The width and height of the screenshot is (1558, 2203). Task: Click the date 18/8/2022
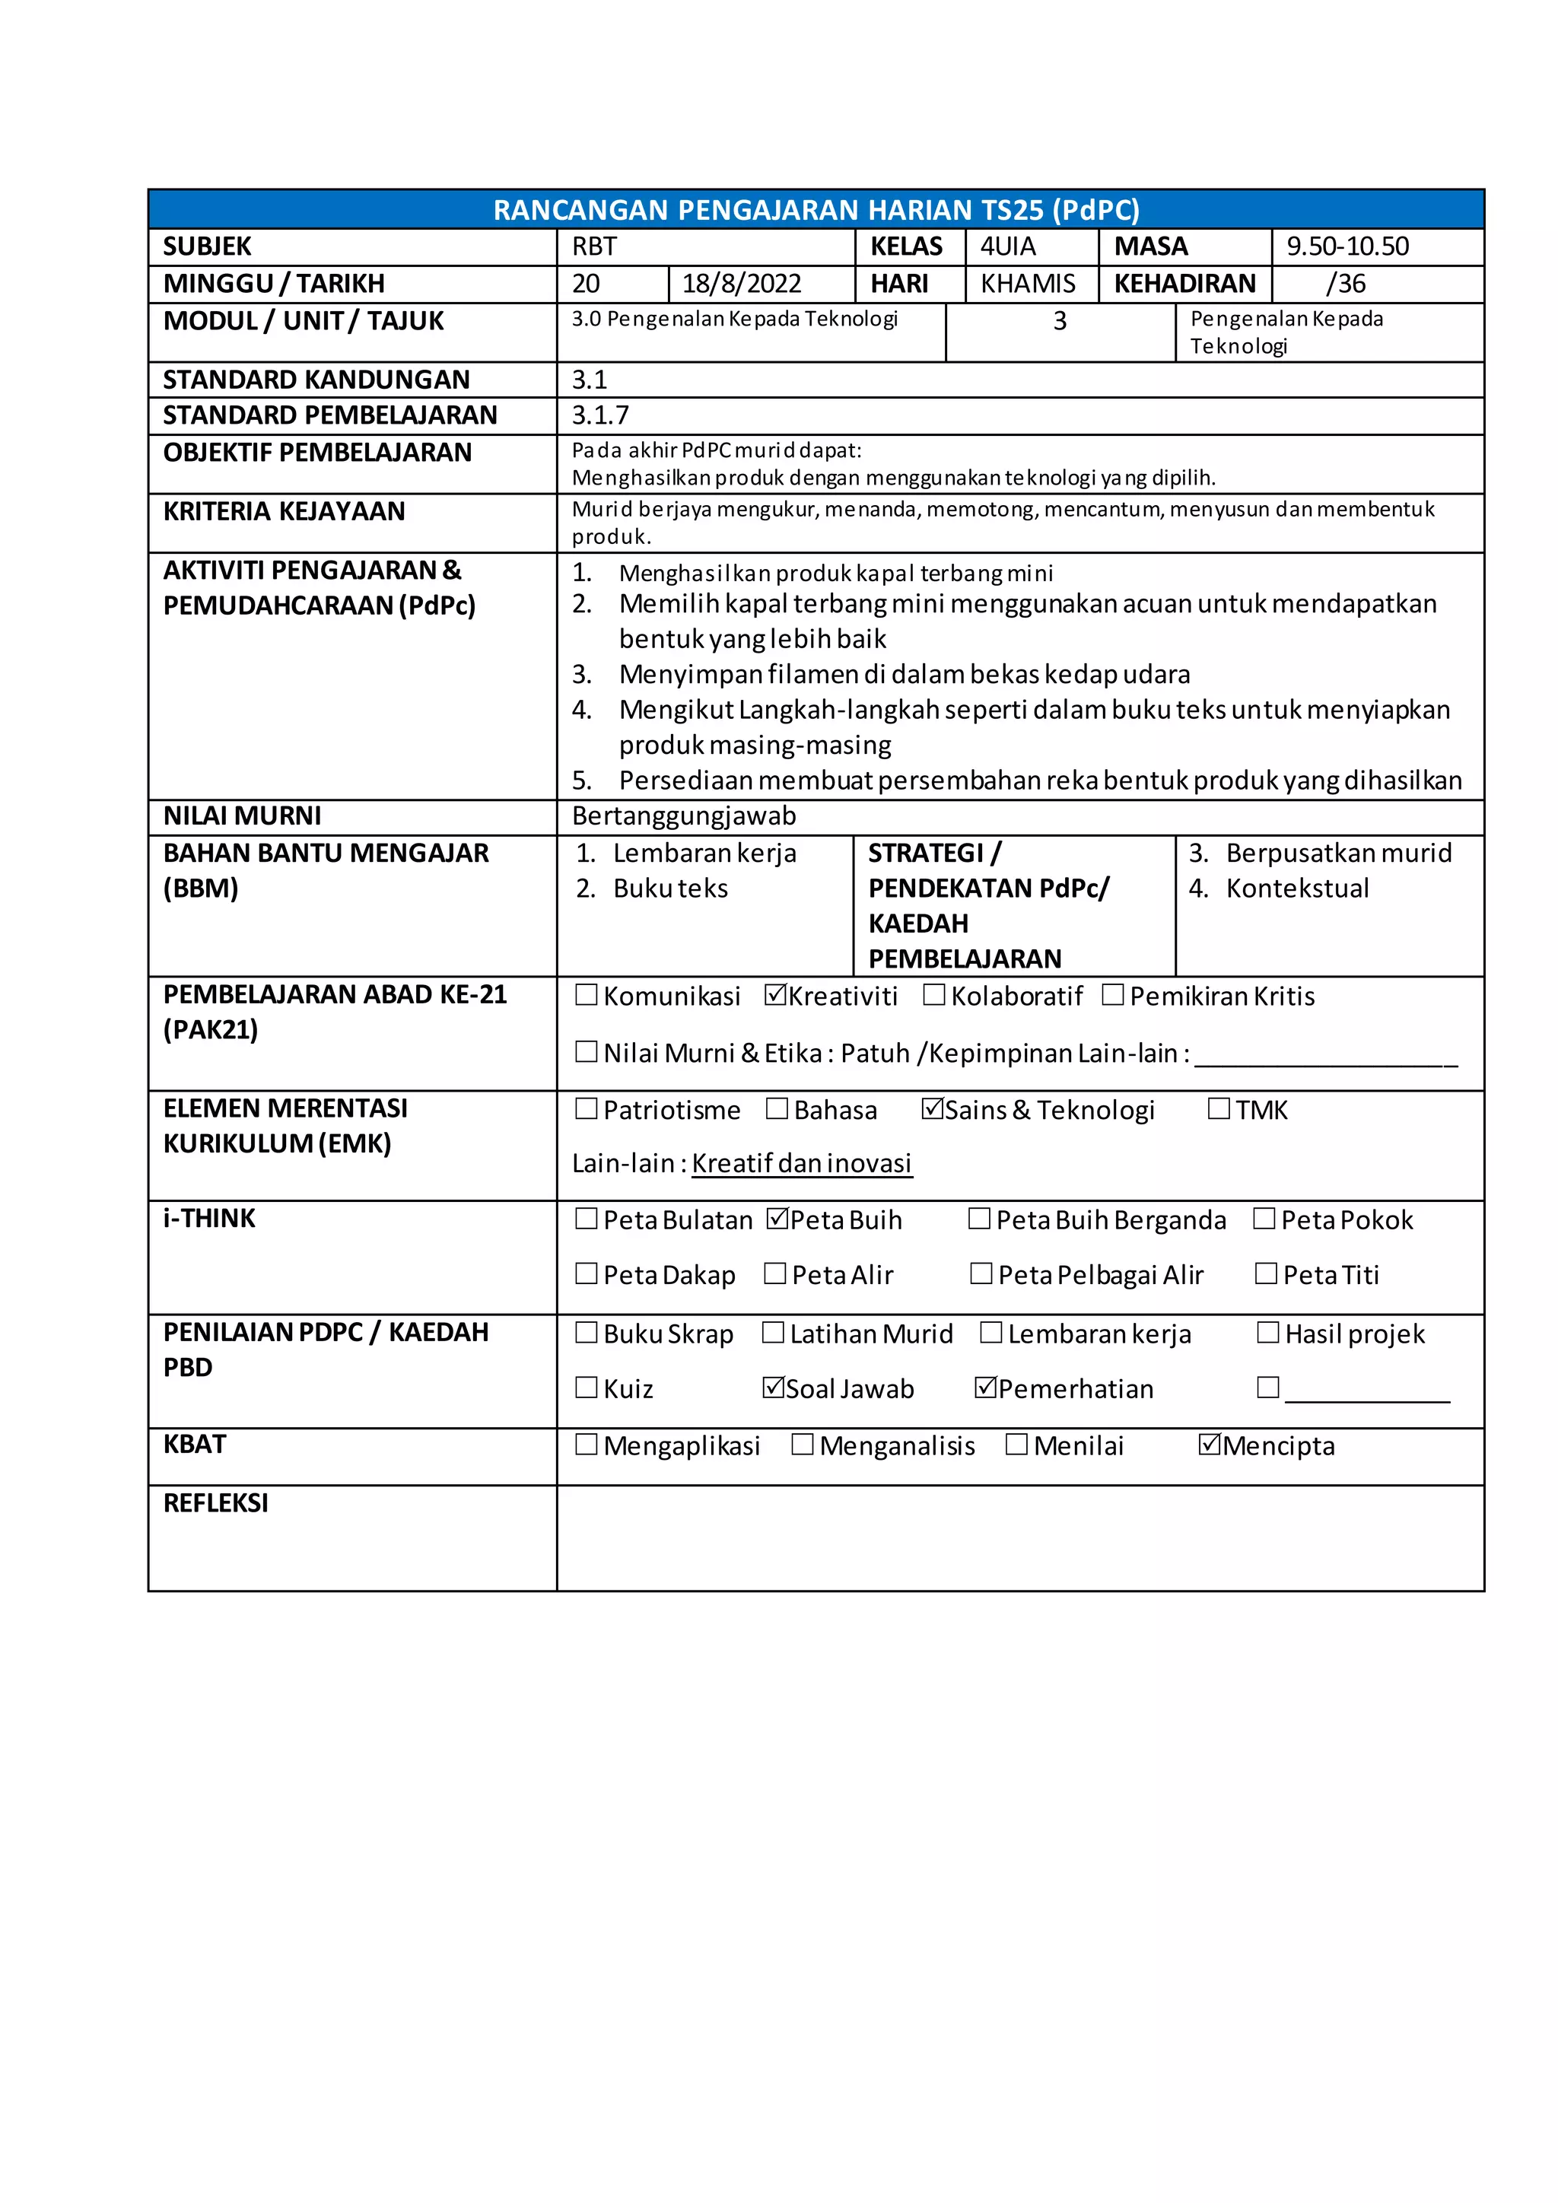tap(741, 284)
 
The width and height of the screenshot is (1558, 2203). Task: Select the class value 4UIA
tap(1007, 246)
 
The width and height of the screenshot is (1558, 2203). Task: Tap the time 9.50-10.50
tap(1347, 246)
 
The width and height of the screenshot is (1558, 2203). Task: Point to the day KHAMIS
tap(1028, 284)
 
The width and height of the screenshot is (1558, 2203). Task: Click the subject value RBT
tap(594, 246)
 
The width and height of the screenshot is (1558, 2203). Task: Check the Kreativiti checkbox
tap(775, 995)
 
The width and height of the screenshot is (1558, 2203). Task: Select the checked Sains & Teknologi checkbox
tap(932, 1109)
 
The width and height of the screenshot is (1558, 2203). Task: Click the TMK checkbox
tap(1219, 1109)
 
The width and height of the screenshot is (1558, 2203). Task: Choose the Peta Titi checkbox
tap(1267, 1274)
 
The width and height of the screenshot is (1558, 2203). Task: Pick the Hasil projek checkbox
tap(1268, 1333)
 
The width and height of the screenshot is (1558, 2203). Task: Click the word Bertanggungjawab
tap(684, 816)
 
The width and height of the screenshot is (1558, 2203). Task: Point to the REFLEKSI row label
tap(216, 1502)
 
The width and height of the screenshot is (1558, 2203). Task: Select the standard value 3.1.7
tap(600, 415)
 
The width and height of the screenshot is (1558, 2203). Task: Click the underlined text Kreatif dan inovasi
tap(801, 1164)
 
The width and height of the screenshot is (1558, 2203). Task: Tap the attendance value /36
tap(1345, 284)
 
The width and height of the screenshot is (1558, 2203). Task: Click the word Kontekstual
tap(1297, 889)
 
